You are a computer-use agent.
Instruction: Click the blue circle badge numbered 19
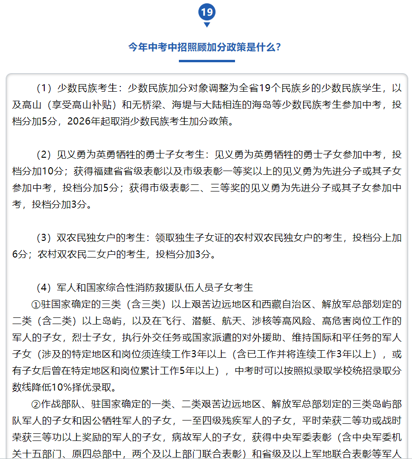click(x=206, y=11)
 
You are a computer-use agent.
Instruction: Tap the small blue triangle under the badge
click(x=206, y=25)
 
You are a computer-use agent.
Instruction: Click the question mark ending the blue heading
click(x=277, y=48)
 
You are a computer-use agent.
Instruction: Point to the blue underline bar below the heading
click(x=206, y=61)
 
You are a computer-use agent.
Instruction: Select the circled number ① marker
click(x=37, y=304)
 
